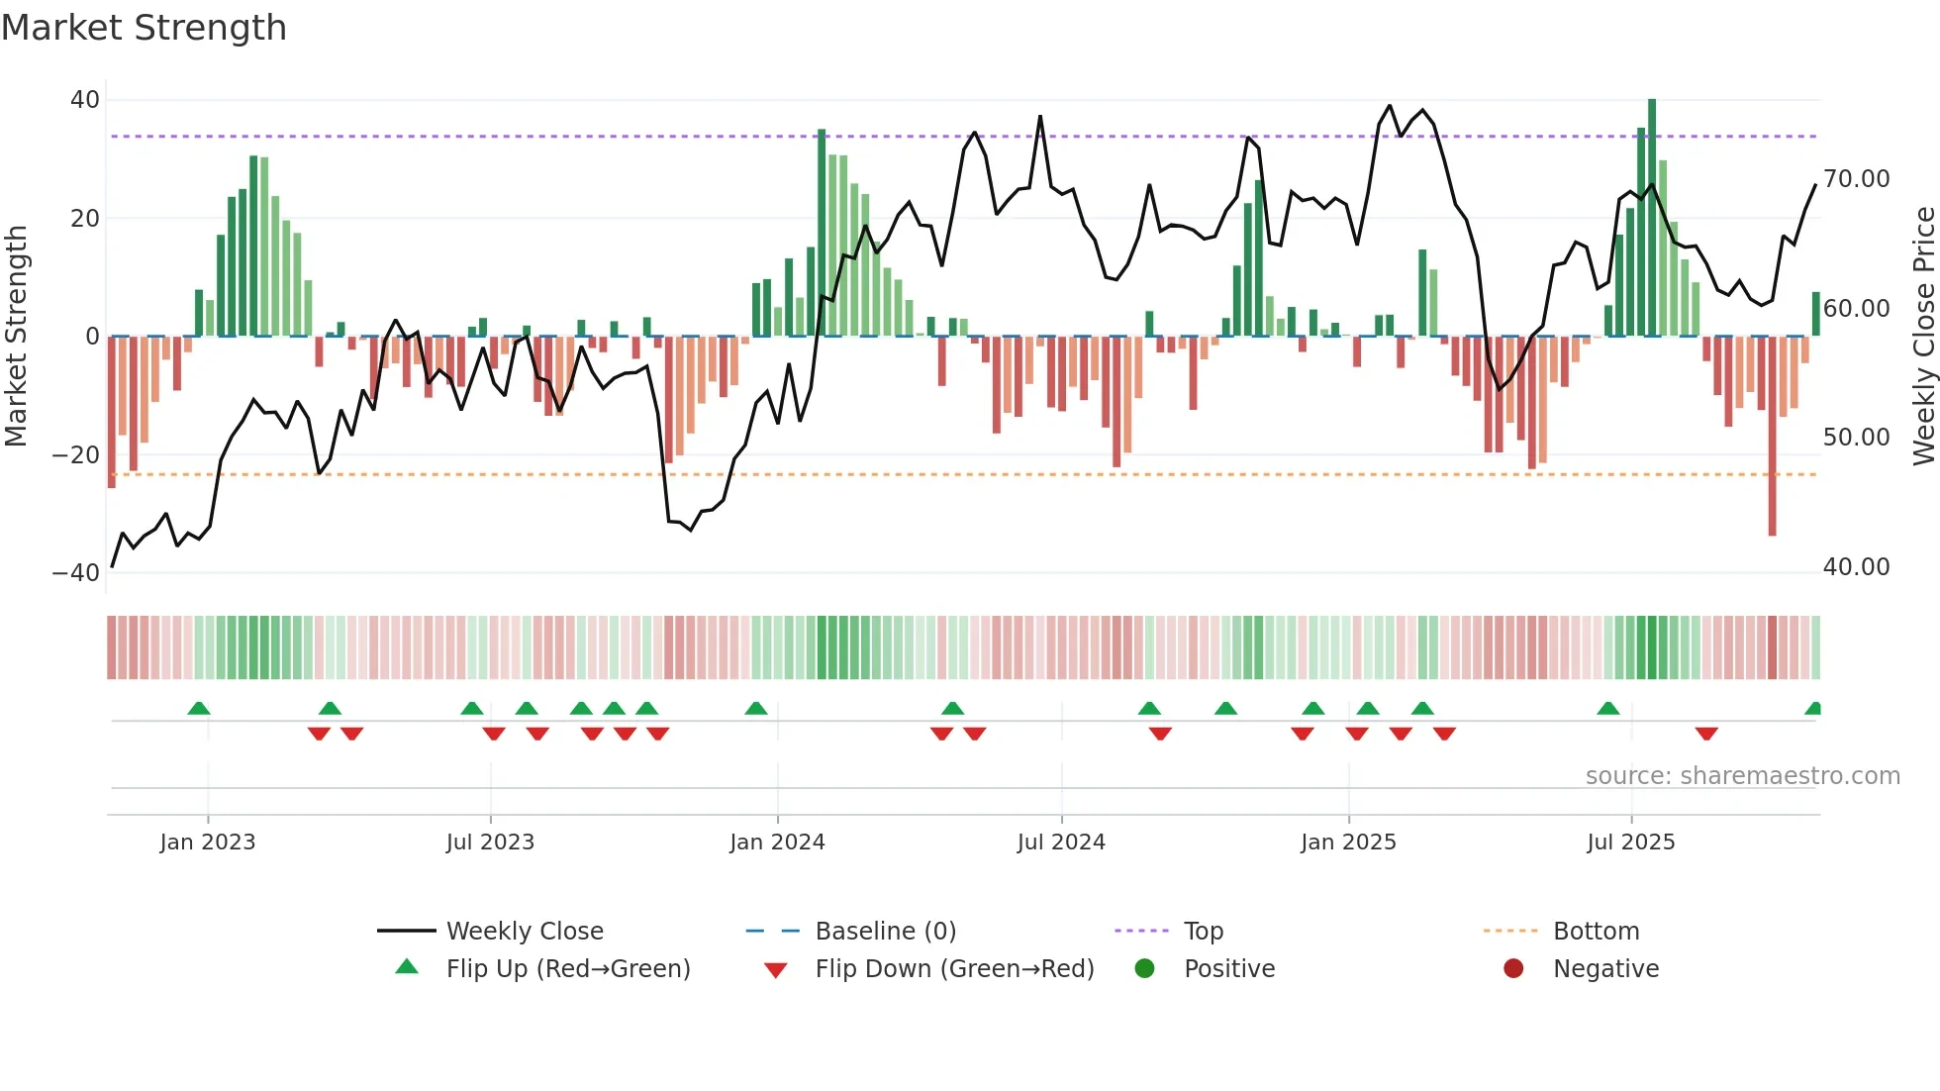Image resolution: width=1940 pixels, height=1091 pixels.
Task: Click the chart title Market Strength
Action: tap(144, 28)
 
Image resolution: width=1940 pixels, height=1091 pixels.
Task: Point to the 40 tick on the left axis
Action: tap(85, 100)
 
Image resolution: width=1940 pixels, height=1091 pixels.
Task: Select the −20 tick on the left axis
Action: tap(76, 455)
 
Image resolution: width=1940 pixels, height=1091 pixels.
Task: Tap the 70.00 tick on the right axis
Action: tap(1856, 179)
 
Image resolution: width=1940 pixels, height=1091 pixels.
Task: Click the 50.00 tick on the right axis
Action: tap(1856, 438)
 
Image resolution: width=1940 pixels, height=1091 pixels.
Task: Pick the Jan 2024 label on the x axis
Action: tap(777, 843)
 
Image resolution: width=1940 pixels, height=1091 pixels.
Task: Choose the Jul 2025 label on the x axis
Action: tap(1630, 843)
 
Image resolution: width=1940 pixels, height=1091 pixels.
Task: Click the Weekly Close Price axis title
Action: tap(1923, 337)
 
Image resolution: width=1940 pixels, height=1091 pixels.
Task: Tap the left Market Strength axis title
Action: tap(16, 337)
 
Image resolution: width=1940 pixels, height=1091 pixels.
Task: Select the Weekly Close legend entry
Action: tap(524, 932)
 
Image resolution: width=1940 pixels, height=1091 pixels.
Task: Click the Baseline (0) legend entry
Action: tap(885, 932)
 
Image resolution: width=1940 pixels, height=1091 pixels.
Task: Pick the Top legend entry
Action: tap(1203, 932)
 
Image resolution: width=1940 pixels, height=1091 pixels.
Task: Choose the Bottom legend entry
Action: tap(1596, 932)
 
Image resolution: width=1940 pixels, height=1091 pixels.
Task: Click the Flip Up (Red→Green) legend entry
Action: tap(567, 969)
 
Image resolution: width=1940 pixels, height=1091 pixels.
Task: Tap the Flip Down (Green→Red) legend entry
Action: tap(953, 969)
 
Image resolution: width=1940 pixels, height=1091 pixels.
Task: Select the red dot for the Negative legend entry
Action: tap(1513, 969)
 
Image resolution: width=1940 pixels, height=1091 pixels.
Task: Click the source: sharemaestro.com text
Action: tap(1742, 776)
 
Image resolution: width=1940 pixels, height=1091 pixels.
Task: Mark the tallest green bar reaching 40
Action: tap(1652, 218)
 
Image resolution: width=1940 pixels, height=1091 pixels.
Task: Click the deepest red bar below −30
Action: tap(1772, 436)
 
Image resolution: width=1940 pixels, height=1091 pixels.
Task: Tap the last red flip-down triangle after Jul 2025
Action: tap(1705, 734)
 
